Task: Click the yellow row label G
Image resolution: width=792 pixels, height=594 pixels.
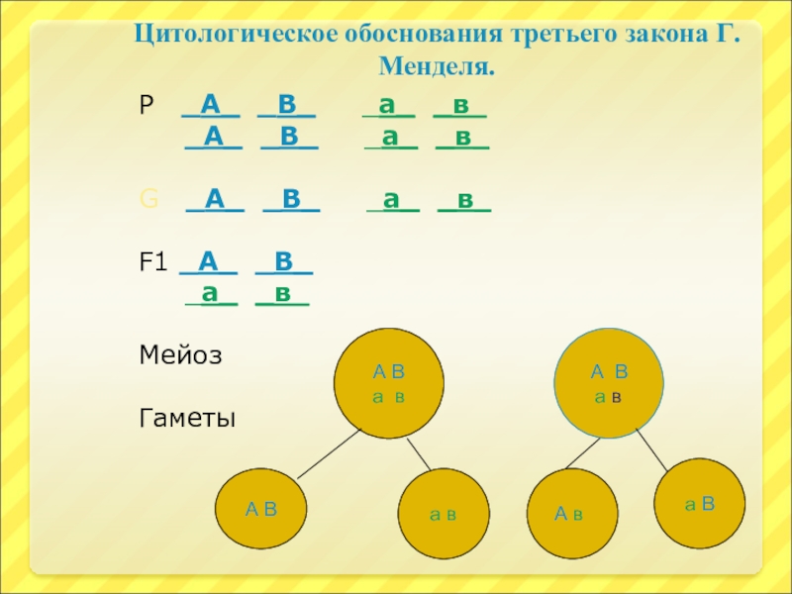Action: pos(148,202)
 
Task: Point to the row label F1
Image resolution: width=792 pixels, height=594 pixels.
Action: pos(153,263)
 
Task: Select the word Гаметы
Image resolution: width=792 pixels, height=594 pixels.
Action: pos(188,419)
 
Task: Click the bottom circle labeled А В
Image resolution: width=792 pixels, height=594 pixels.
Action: pos(261,510)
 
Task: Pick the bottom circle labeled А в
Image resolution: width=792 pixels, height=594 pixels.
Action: pos(570,514)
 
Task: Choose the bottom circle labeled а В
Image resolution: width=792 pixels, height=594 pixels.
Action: pos(700,504)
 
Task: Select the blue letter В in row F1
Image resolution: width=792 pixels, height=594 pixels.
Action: pos(283,262)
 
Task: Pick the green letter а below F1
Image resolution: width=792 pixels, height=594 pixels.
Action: pos(209,293)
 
